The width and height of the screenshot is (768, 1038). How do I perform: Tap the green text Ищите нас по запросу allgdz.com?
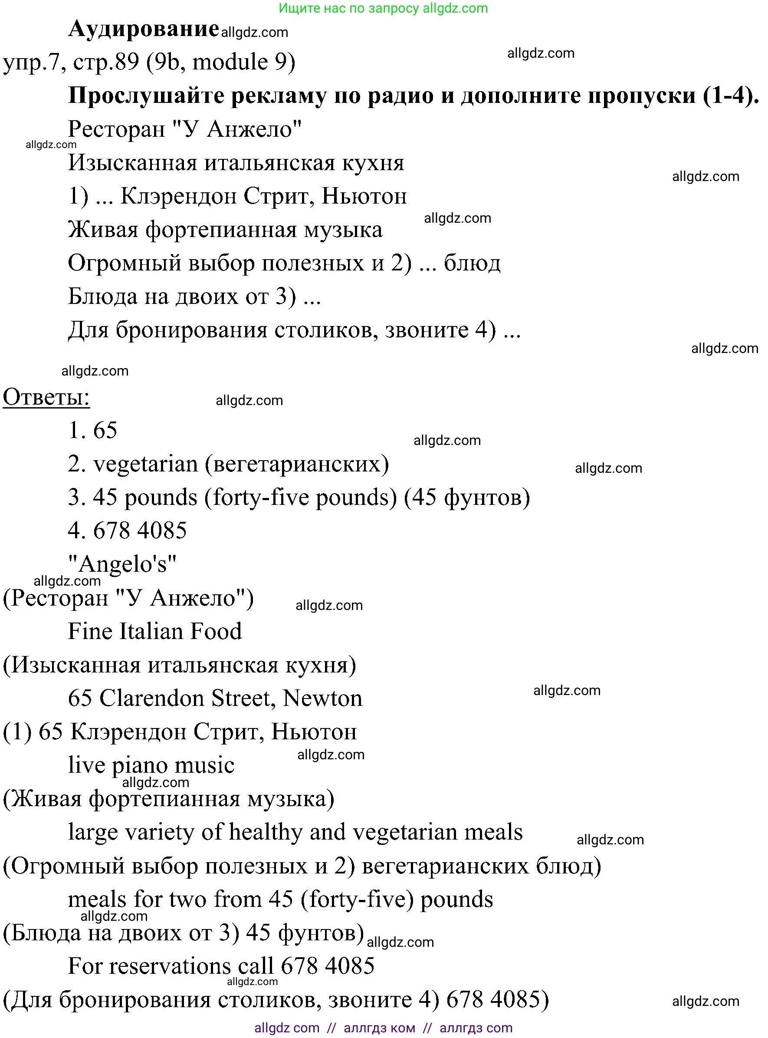(x=383, y=8)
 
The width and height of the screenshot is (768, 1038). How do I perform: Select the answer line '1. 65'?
(x=92, y=430)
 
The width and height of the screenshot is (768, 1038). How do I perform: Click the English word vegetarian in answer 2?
(x=145, y=464)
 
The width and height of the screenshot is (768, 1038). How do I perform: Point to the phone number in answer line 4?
(x=140, y=531)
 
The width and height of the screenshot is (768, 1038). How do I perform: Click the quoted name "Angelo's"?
(x=122, y=564)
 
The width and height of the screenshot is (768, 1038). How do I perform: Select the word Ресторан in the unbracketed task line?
(x=116, y=129)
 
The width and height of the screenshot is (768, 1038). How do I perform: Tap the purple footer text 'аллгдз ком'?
(x=379, y=1028)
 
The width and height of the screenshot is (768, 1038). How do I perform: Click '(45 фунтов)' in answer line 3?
(x=467, y=498)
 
